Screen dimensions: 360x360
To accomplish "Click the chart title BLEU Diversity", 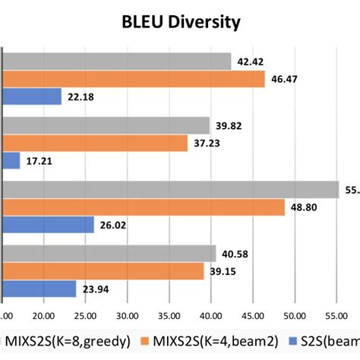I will pos(182,22).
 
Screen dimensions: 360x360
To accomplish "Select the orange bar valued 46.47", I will pos(134,79).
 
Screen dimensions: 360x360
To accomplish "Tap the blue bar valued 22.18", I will pos(33,96).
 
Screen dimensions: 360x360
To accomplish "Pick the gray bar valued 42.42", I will pos(118,62).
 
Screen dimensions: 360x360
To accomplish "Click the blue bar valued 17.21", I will pos(12,161).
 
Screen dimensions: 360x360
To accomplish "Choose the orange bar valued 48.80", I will pos(144,207).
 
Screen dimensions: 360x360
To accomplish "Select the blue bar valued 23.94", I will pos(40,289).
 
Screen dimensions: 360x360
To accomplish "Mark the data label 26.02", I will pos(114,225).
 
